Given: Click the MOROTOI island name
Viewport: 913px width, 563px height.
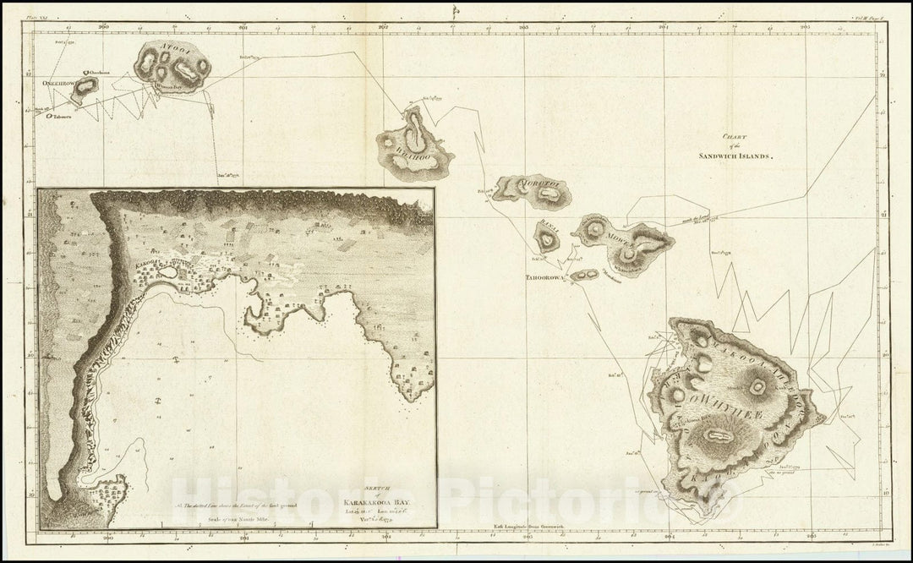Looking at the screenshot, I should click(539, 183).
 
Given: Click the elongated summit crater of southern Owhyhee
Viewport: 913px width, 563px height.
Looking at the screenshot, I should click(718, 436).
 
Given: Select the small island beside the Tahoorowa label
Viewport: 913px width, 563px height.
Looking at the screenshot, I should click(584, 275).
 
